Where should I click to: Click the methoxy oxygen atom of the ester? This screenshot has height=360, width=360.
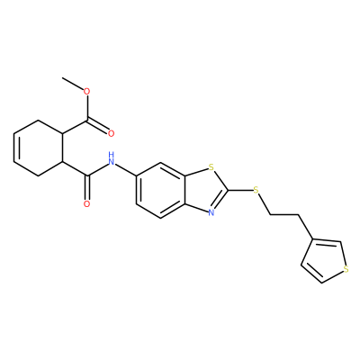[x=87, y=91]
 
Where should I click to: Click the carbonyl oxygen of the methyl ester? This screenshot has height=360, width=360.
[x=112, y=133]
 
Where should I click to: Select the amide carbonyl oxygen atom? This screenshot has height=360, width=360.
[x=87, y=204]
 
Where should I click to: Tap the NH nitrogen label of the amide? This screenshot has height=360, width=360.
[x=112, y=159]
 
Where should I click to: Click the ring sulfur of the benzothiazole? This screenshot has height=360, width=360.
[x=211, y=167]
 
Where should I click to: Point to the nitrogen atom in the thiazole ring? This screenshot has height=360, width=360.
[x=211, y=212]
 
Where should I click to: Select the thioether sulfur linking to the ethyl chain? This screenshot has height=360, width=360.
[x=256, y=190]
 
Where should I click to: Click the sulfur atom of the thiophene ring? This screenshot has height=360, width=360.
[x=346, y=269]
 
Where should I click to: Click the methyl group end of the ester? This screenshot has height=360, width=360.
[x=62, y=77]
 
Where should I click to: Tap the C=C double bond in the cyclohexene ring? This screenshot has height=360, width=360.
[x=15, y=148]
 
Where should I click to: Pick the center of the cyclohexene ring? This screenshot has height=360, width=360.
[x=39, y=148]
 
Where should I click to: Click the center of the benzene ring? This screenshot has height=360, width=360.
[x=161, y=190]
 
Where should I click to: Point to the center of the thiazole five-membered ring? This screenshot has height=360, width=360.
[x=205, y=190]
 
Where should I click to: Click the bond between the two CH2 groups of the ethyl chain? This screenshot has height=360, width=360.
[x=284, y=215]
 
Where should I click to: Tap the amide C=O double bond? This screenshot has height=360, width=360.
[x=87, y=187]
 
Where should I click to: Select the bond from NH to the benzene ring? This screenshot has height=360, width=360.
[x=126, y=170]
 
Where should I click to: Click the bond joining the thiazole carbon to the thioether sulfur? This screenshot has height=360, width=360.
[x=240, y=190]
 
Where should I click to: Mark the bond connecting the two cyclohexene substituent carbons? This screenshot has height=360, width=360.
[x=63, y=148]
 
